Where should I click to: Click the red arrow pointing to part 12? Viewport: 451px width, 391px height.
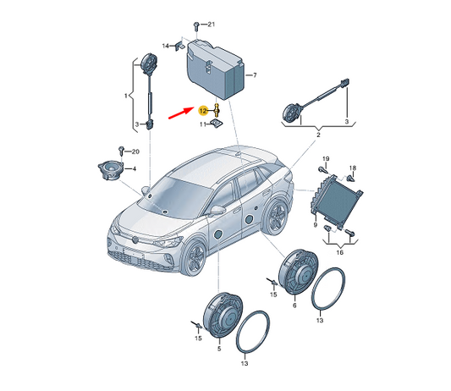[x=181, y=113]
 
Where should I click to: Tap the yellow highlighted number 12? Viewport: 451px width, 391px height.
[x=203, y=111]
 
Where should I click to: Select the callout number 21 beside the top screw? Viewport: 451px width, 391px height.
[x=212, y=25]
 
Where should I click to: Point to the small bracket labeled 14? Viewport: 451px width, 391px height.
[x=179, y=46]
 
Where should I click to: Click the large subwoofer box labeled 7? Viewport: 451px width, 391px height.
[x=216, y=69]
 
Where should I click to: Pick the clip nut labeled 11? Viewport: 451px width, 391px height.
[x=217, y=124]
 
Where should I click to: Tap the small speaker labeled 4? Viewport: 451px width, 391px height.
[x=111, y=170]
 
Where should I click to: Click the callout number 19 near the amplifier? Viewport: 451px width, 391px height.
[x=326, y=159]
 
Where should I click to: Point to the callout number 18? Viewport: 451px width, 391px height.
[x=353, y=168]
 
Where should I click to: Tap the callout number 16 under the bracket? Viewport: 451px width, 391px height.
[x=339, y=252]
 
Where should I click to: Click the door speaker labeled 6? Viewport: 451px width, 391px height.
[x=299, y=272]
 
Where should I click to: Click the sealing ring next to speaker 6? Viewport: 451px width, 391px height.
[x=328, y=289]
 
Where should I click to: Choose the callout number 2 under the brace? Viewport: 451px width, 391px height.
[x=318, y=135]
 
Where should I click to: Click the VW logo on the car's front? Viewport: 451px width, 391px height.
[x=135, y=239]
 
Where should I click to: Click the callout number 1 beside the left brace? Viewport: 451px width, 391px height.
[x=126, y=96]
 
